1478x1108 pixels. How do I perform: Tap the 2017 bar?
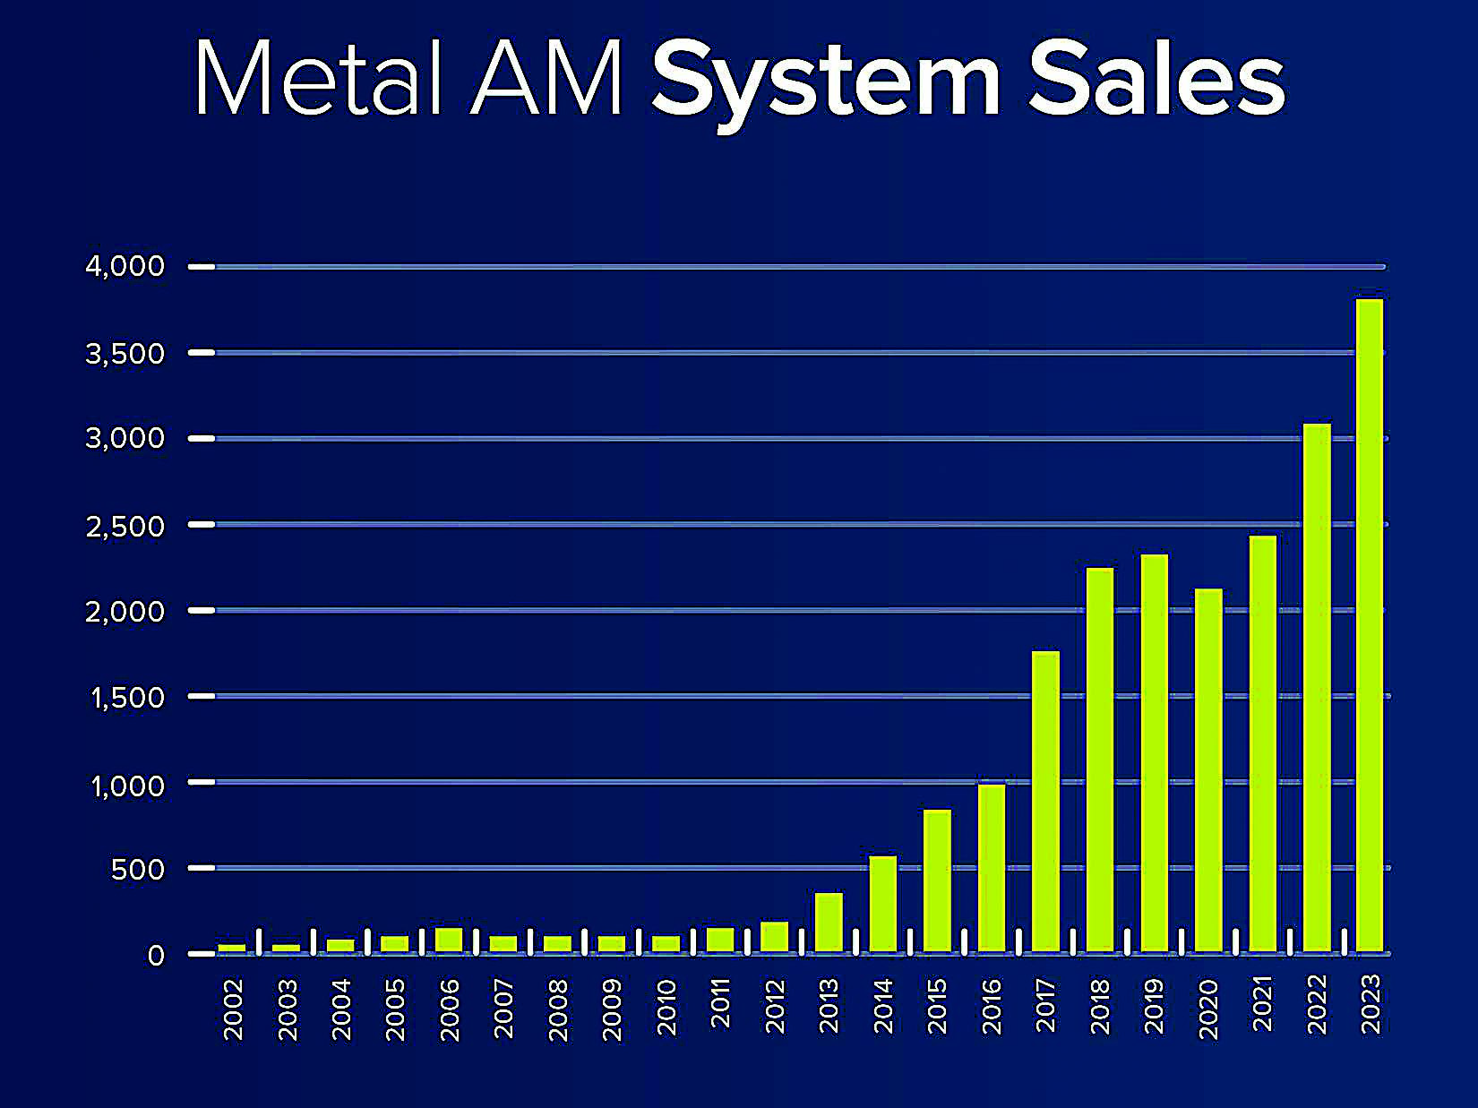[x=1045, y=801]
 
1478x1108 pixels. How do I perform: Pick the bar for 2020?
[x=1208, y=769]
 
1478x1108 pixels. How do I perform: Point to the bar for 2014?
[x=883, y=904]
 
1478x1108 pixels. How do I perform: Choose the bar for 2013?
[x=829, y=922]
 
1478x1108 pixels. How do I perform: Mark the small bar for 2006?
[x=449, y=940]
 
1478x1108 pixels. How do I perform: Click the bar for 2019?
[x=1154, y=752]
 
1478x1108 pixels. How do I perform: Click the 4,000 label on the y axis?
[x=125, y=266]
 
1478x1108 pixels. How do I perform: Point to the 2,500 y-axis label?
[x=125, y=526]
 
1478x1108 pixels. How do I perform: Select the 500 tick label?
[x=138, y=869]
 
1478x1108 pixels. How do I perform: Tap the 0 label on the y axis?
[x=156, y=955]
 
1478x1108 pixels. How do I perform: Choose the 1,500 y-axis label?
[x=127, y=697]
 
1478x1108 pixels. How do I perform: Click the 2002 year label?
[x=233, y=1009]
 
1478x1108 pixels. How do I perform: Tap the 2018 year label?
[x=1100, y=1007]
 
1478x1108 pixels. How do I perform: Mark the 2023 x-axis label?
[x=1371, y=1004]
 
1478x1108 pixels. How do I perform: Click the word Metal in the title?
[x=318, y=79]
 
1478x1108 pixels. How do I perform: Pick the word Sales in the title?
[x=1157, y=79]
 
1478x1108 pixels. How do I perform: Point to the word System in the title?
[x=825, y=82]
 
